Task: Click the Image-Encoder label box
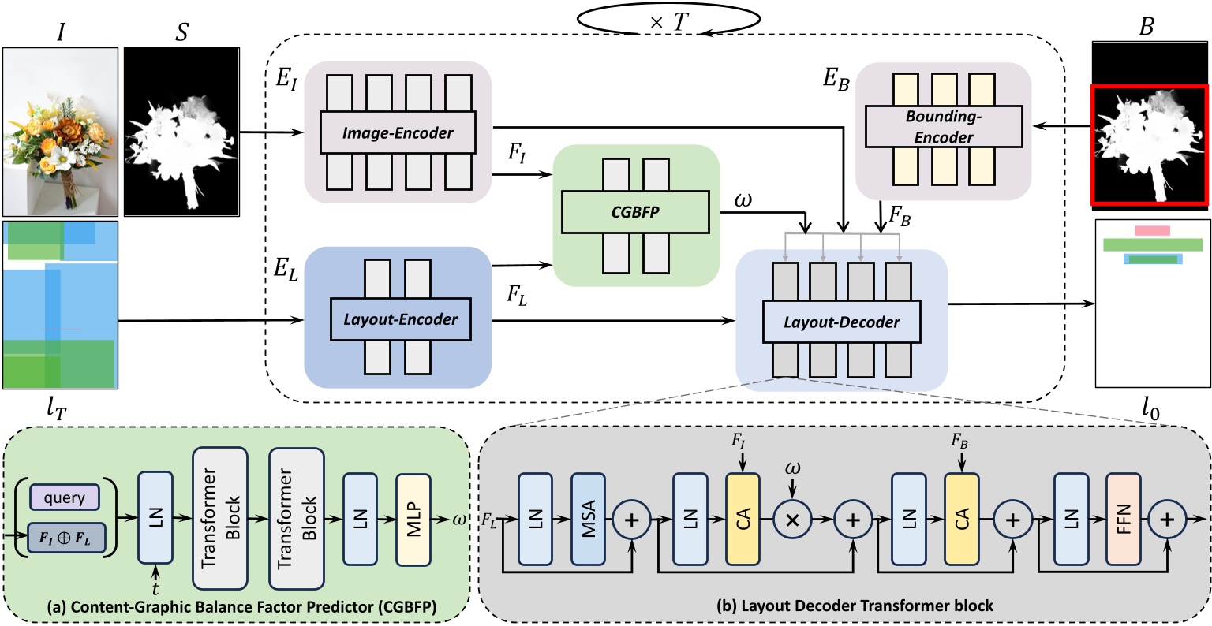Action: point(398,132)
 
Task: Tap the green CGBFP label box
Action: point(635,211)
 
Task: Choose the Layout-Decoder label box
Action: point(842,322)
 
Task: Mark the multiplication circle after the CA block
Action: point(792,521)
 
